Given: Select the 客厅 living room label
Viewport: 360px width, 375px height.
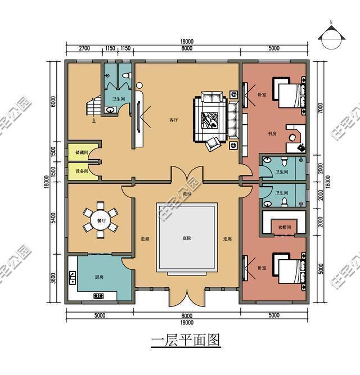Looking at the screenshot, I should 174,120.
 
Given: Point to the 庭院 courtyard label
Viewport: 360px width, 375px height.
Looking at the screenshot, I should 186,238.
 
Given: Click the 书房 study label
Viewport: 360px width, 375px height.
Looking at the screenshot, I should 272,133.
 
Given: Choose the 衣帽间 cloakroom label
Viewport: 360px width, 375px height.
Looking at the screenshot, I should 283,227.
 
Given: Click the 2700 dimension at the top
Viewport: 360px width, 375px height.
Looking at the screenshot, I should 85,49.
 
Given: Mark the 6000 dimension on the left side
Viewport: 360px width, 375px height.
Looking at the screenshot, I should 53,101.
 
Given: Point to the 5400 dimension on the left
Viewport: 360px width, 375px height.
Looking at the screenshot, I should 53,219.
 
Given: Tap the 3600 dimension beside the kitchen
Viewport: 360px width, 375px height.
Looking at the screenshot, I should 53,279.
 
